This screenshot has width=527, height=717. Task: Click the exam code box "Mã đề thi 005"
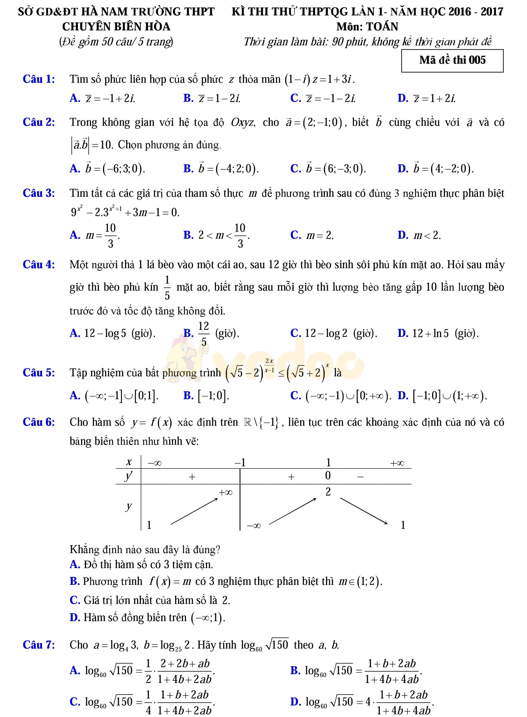(452, 61)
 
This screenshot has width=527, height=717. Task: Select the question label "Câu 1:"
(39, 79)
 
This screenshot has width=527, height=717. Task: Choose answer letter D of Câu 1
(403, 98)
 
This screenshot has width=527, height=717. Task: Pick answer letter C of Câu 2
(295, 168)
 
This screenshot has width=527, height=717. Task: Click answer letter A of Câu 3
(74, 235)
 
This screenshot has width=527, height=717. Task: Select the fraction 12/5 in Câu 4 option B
(203, 334)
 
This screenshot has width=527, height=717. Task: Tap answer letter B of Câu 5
(188, 395)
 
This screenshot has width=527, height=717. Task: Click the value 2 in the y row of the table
(328, 492)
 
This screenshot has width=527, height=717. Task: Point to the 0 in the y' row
(328, 476)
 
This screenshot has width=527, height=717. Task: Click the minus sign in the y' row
(360, 477)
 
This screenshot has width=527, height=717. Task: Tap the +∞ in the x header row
(397, 463)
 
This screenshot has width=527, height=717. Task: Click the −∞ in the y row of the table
(254, 526)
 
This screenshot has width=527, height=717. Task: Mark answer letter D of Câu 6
(74, 617)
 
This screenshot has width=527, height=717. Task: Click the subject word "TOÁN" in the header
(382, 27)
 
